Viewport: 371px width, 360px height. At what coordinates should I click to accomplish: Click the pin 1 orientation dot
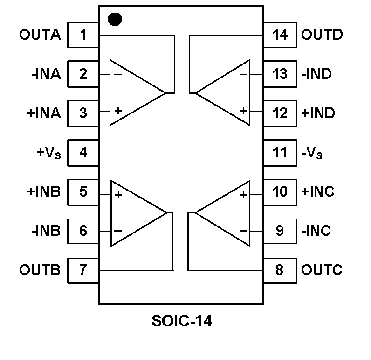pyautogui.click(x=115, y=19)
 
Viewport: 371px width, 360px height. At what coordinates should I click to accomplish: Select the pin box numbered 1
pyautogui.click(x=83, y=35)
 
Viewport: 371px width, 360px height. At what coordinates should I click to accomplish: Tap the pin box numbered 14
pyautogui.click(x=280, y=35)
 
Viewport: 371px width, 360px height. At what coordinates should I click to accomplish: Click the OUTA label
pyautogui.click(x=40, y=35)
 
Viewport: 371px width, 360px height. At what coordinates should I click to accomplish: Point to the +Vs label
pyautogui.click(x=48, y=153)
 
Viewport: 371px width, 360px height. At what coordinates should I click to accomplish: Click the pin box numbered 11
pyautogui.click(x=280, y=153)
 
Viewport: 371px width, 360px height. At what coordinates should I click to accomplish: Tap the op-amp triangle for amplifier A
pyautogui.click(x=133, y=92)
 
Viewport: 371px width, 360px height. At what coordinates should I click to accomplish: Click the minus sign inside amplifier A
pyautogui.click(x=118, y=74)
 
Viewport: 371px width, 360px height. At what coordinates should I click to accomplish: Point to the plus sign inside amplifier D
pyautogui.click(x=243, y=111)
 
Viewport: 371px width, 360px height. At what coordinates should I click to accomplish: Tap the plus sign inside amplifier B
pyautogui.click(x=118, y=195)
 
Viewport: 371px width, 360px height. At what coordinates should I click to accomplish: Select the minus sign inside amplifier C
pyautogui.click(x=243, y=231)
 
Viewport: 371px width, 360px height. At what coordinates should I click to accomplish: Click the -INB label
pyautogui.click(x=46, y=231)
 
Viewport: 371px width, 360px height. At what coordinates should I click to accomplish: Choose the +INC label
pyautogui.click(x=318, y=192)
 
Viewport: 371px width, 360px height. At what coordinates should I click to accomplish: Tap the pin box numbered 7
pyautogui.click(x=83, y=270)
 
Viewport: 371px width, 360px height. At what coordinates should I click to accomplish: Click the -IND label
pyautogui.click(x=317, y=74)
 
